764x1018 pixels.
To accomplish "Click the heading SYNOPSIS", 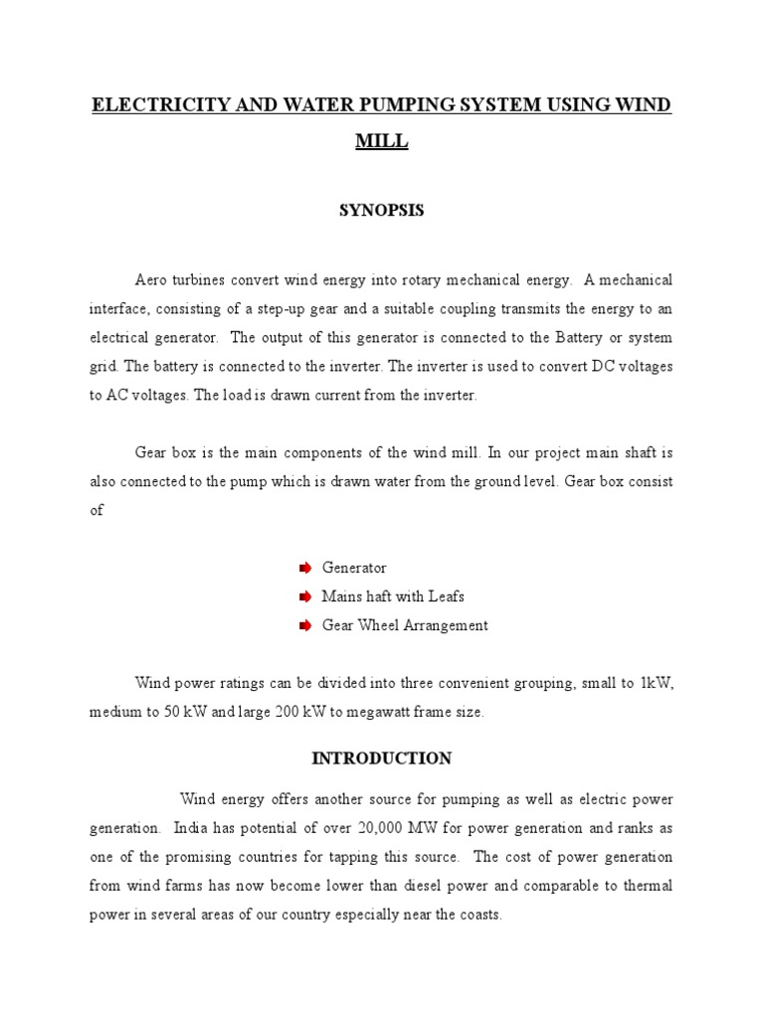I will (x=381, y=211).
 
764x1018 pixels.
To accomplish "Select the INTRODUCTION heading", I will (x=381, y=759).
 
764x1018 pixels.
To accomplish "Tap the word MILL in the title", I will (x=382, y=142).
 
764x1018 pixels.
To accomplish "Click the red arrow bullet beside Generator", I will (x=305, y=568).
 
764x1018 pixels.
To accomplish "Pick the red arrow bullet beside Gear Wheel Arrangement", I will (x=305, y=625).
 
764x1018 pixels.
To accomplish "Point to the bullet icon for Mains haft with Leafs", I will (x=305, y=596).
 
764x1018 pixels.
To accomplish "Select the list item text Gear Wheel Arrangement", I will (x=405, y=625).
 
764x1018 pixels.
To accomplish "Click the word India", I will (x=191, y=828).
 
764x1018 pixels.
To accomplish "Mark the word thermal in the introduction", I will (x=646, y=886).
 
